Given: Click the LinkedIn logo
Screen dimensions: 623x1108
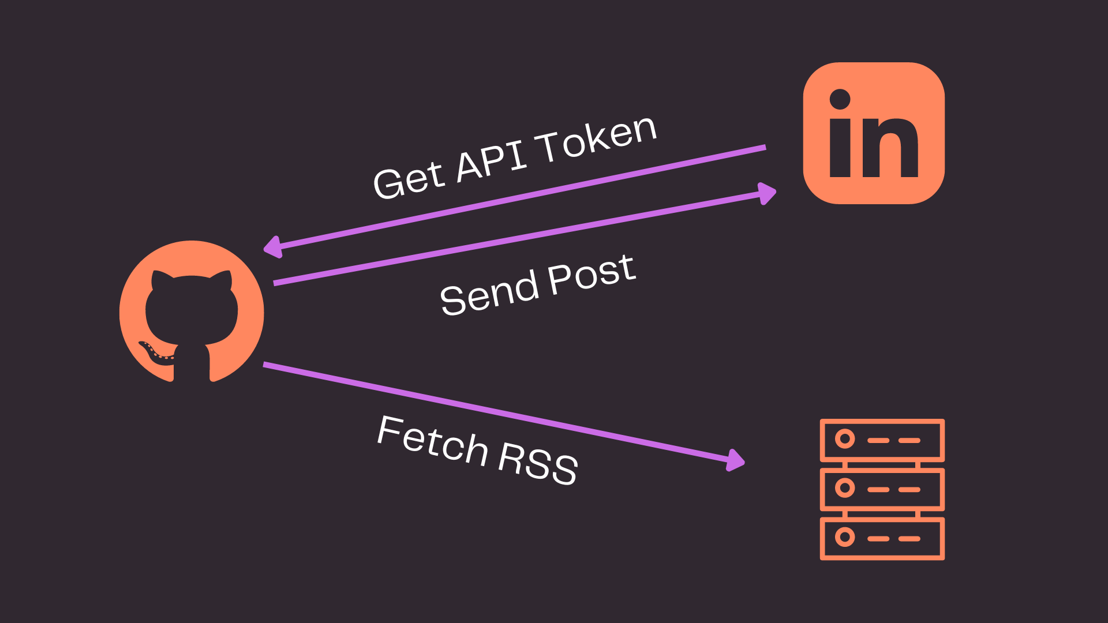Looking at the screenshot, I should click(x=874, y=133).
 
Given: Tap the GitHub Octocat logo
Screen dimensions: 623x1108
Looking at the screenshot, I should click(x=192, y=311).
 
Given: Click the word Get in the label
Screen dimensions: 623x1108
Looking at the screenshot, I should click(x=409, y=179).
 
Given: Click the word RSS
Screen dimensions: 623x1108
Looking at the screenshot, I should click(x=537, y=463).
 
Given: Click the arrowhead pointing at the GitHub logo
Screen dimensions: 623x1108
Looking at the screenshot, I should click(x=272, y=247).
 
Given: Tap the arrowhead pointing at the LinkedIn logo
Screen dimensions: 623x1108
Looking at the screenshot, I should click(x=767, y=193).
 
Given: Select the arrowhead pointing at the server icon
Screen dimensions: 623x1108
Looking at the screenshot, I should click(x=735, y=460).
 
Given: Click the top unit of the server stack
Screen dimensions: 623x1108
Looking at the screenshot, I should click(x=882, y=440).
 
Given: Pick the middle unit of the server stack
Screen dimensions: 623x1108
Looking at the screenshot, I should click(x=882, y=489).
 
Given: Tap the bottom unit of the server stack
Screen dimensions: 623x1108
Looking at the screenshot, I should click(x=882, y=538).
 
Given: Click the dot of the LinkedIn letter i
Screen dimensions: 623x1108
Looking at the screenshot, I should click(x=840, y=99).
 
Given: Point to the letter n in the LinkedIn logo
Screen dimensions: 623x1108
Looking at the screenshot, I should click(x=889, y=148).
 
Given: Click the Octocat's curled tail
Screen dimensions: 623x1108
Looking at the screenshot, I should click(x=155, y=353).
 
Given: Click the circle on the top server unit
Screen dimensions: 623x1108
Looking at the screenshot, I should click(x=845, y=439).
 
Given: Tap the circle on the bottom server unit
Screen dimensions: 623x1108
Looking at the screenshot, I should click(x=845, y=537).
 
